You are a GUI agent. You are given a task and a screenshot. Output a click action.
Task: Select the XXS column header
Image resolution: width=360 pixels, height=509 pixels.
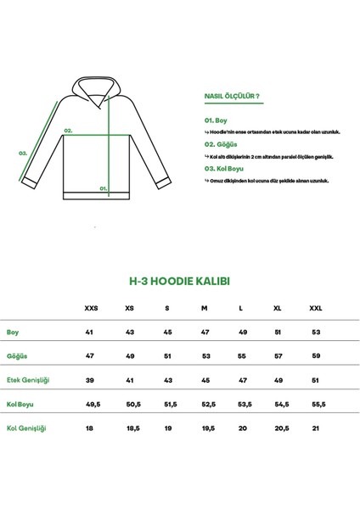91,309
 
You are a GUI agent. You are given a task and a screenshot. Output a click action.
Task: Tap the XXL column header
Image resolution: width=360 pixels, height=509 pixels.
315,309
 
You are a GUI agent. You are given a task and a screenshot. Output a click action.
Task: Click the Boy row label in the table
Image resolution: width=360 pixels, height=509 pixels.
13,333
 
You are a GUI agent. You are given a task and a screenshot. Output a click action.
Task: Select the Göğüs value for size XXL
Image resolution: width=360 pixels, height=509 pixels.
315,357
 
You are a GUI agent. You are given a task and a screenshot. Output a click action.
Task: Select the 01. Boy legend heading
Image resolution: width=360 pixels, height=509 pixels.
217,122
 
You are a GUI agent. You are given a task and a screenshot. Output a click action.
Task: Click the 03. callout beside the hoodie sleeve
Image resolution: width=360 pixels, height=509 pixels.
24,154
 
